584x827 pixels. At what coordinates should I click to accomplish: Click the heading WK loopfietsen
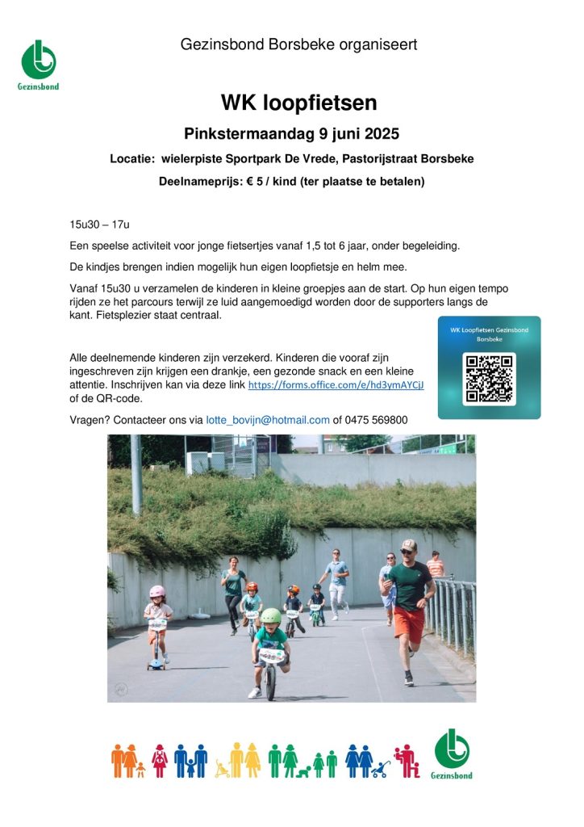298,103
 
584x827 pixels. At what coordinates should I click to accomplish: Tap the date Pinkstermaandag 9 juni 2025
291,133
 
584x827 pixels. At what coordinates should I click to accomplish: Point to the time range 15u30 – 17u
100,224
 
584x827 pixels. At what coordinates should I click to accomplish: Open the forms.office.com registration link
336,385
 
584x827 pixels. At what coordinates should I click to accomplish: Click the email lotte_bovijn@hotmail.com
268,420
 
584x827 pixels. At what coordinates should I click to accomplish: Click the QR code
489,379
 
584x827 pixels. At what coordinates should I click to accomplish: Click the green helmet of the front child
271,616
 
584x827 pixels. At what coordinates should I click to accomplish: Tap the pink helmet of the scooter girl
157,591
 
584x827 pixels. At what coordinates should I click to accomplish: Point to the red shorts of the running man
409,624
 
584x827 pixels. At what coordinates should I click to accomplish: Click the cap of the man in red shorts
409,545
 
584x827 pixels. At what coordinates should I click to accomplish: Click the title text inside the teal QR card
489,334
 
